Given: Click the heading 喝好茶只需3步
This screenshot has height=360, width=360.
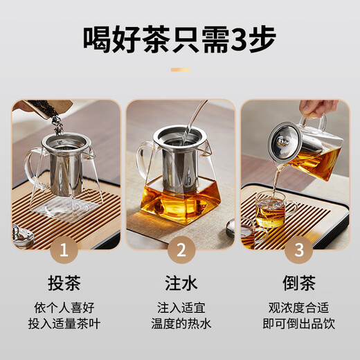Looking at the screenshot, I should pos(180,39).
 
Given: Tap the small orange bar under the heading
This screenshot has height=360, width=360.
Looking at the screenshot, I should pos(180,69).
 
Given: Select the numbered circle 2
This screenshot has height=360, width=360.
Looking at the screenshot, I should pos(180,250).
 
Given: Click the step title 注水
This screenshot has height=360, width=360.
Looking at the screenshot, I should pos(180,283).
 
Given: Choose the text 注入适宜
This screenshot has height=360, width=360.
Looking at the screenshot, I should pos(180,307).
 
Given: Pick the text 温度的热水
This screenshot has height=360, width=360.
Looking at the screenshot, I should pos(180,323).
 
